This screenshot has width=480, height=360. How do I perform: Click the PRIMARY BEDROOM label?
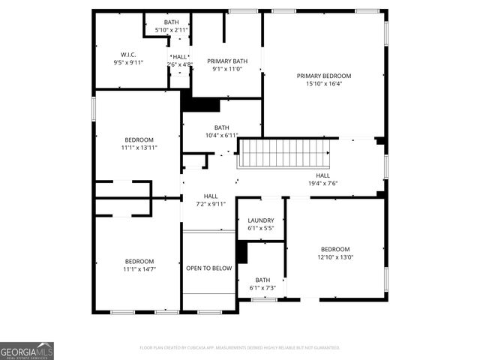(323, 76)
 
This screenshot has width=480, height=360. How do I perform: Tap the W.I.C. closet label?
(127, 54)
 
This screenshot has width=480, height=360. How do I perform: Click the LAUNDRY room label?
(260, 220)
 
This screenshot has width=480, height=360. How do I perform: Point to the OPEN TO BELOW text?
(208, 268)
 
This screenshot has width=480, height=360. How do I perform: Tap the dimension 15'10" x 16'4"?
(323, 84)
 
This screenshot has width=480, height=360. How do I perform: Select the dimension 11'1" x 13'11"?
(139, 148)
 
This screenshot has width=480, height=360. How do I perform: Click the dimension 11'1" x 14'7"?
(139, 269)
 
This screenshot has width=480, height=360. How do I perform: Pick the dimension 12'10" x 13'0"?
(335, 257)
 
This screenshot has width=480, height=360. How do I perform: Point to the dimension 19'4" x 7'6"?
(322, 184)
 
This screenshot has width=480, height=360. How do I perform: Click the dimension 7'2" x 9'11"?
(211, 203)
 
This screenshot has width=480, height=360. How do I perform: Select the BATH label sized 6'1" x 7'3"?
(262, 279)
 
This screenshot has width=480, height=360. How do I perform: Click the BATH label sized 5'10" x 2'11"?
(172, 22)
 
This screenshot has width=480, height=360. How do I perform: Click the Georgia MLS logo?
(27, 351)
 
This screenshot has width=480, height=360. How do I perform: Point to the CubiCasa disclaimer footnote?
(240, 348)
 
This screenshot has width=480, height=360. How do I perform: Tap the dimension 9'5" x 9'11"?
(127, 62)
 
